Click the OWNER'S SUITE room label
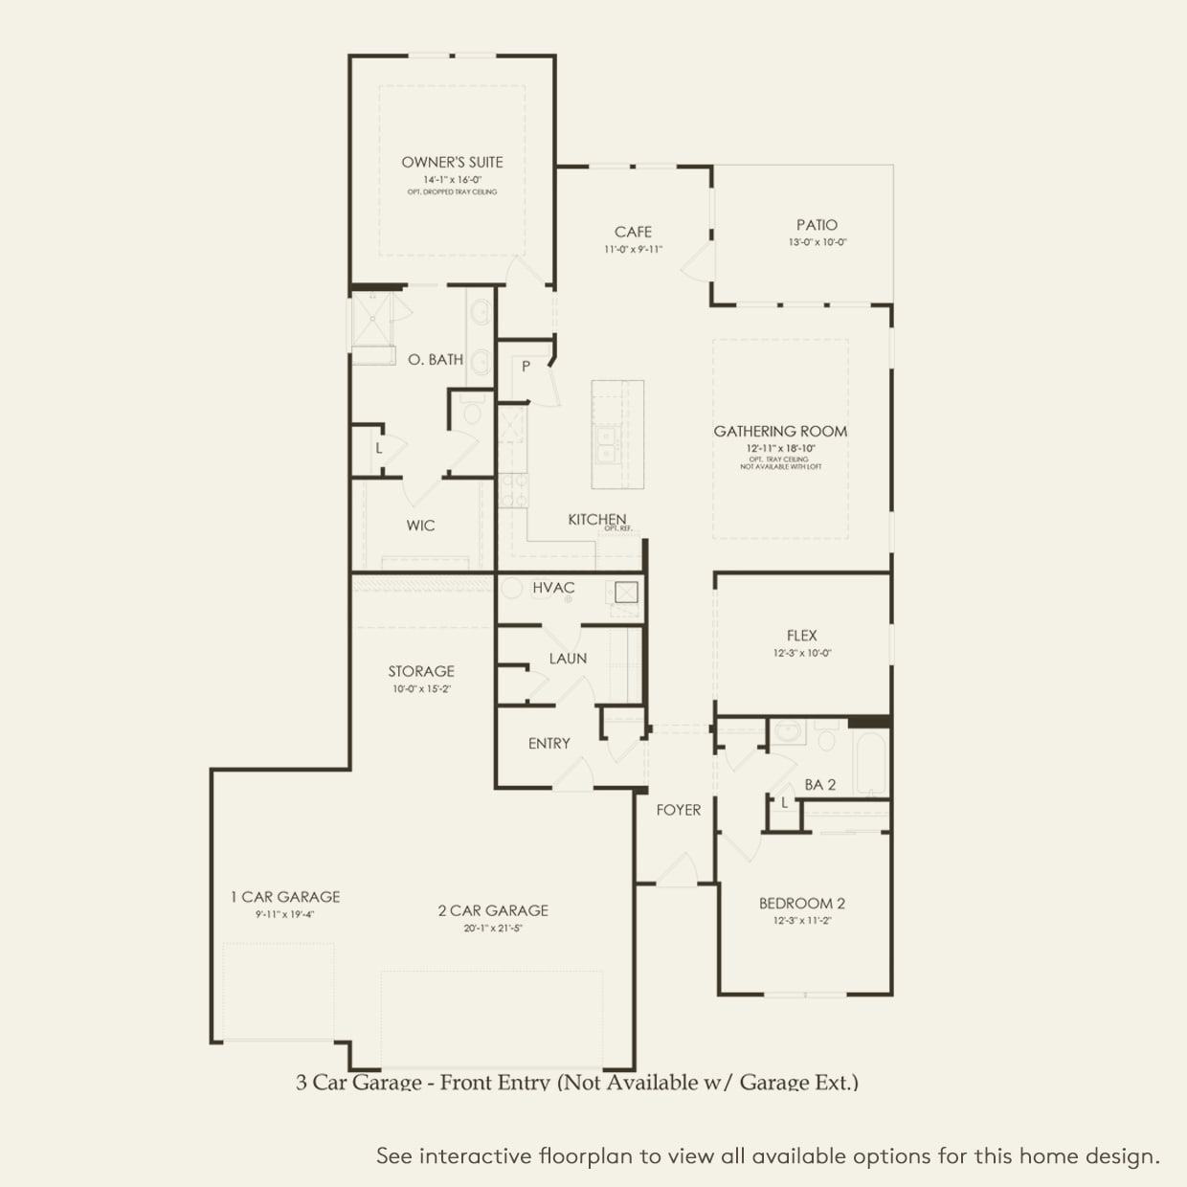452,163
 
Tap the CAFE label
633,232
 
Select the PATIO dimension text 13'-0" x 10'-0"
817,243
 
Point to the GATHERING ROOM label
780,432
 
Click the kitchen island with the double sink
617,434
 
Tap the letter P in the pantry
526,367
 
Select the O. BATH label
436,360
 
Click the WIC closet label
420,526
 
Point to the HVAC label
553,588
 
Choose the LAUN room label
568,659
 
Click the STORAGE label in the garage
421,671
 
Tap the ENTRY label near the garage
549,744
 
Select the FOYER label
678,810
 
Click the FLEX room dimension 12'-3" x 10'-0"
801,654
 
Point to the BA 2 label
819,785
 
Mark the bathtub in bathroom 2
871,763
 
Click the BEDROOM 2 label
801,904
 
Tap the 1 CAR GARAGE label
285,897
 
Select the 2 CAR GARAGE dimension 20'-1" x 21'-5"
493,929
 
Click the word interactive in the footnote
475,1156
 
